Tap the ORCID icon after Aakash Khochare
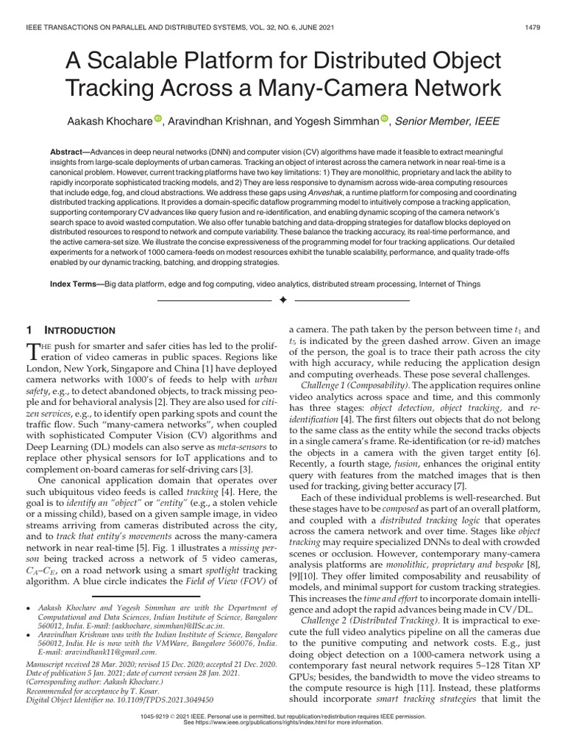[x=158, y=118]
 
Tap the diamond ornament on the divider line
[x=282, y=300]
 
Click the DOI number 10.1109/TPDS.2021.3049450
[x=172, y=700]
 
